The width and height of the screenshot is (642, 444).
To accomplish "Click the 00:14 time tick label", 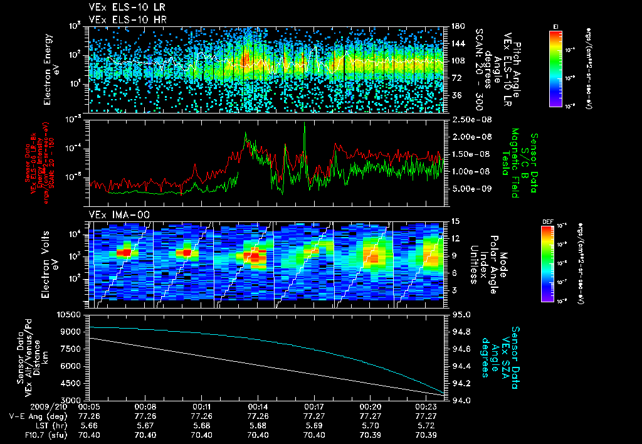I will (x=258, y=406).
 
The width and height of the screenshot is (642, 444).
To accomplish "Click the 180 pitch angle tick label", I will (x=456, y=26).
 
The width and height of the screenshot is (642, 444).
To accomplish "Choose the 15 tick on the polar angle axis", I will (x=455, y=221).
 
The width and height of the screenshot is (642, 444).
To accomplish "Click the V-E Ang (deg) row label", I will (x=35, y=416).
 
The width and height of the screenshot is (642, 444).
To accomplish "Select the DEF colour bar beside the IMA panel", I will (x=547, y=264).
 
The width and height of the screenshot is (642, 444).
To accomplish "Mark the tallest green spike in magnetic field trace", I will (x=305, y=125).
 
